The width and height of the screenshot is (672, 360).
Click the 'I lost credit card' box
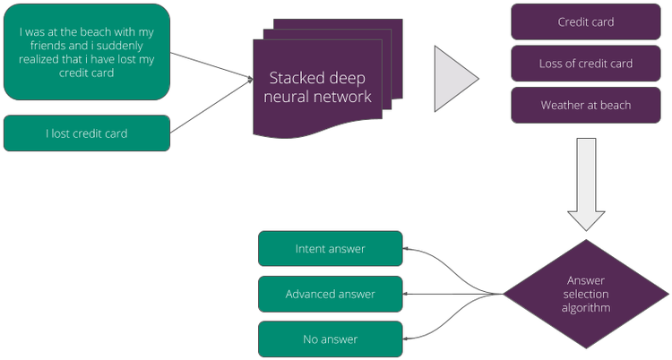point(86,133)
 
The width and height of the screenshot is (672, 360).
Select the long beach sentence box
point(86,51)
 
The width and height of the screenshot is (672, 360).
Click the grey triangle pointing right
point(454,79)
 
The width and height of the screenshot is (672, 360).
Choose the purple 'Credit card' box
point(585,21)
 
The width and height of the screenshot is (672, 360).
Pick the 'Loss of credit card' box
point(585,64)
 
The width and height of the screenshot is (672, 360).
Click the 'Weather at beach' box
point(585,105)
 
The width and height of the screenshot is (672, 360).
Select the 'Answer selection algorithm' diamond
point(585,294)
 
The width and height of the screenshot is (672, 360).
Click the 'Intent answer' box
point(330,248)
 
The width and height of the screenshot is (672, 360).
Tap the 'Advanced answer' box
point(330,294)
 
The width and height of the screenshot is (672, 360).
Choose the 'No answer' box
point(330,339)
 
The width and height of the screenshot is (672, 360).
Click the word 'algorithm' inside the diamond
point(585,308)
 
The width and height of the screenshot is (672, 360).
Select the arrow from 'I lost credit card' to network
point(211,108)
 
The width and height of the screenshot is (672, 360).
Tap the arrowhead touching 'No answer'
point(406,339)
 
